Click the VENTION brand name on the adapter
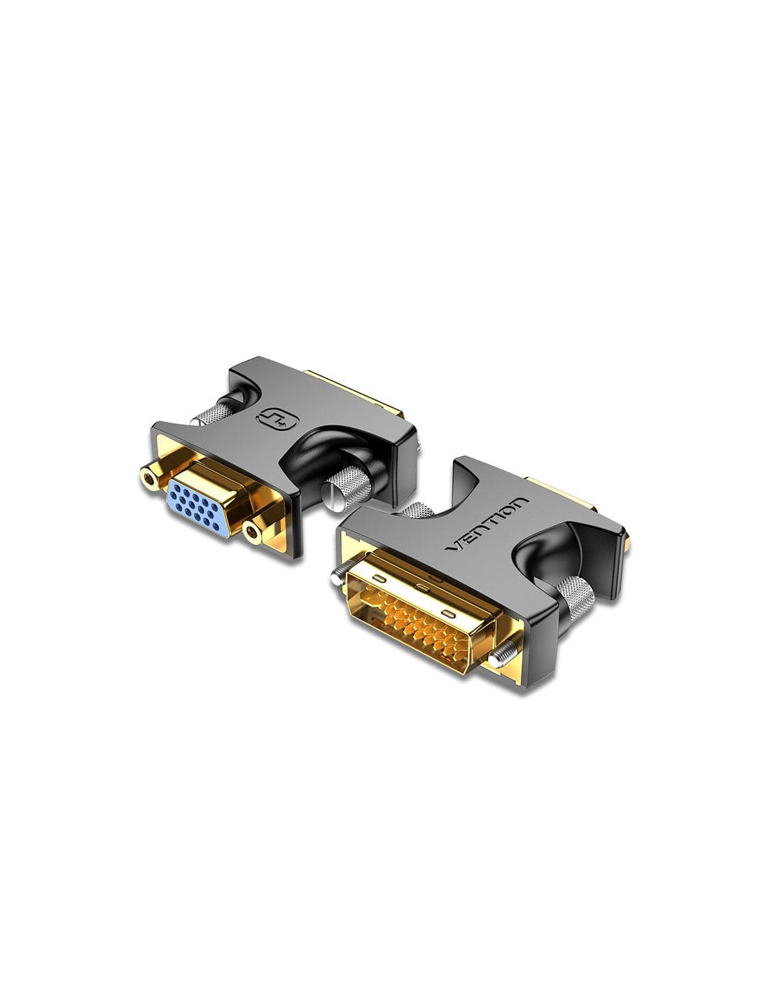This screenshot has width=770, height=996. pyautogui.click(x=487, y=525)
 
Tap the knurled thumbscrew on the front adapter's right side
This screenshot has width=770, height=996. pyautogui.click(x=575, y=596)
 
